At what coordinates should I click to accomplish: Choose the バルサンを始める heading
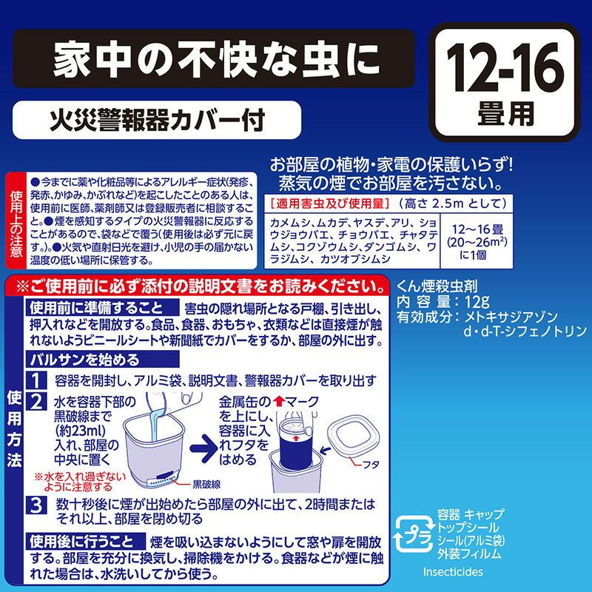click(x=82, y=360)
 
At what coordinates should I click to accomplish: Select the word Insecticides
click(x=452, y=572)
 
